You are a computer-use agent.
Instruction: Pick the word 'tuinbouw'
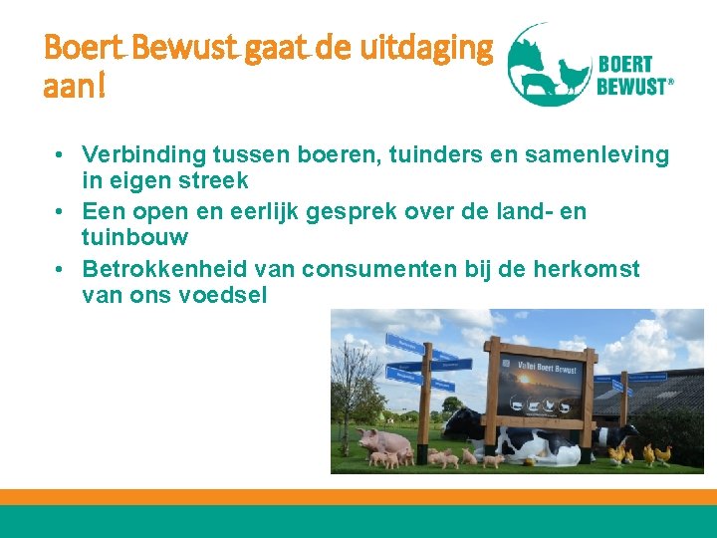135,238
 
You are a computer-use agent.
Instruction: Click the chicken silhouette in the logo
573,76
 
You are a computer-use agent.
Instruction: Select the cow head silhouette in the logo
529,56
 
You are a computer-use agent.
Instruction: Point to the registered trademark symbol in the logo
670,85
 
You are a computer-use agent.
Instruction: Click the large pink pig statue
382,440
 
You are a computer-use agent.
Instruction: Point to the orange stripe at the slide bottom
358,496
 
